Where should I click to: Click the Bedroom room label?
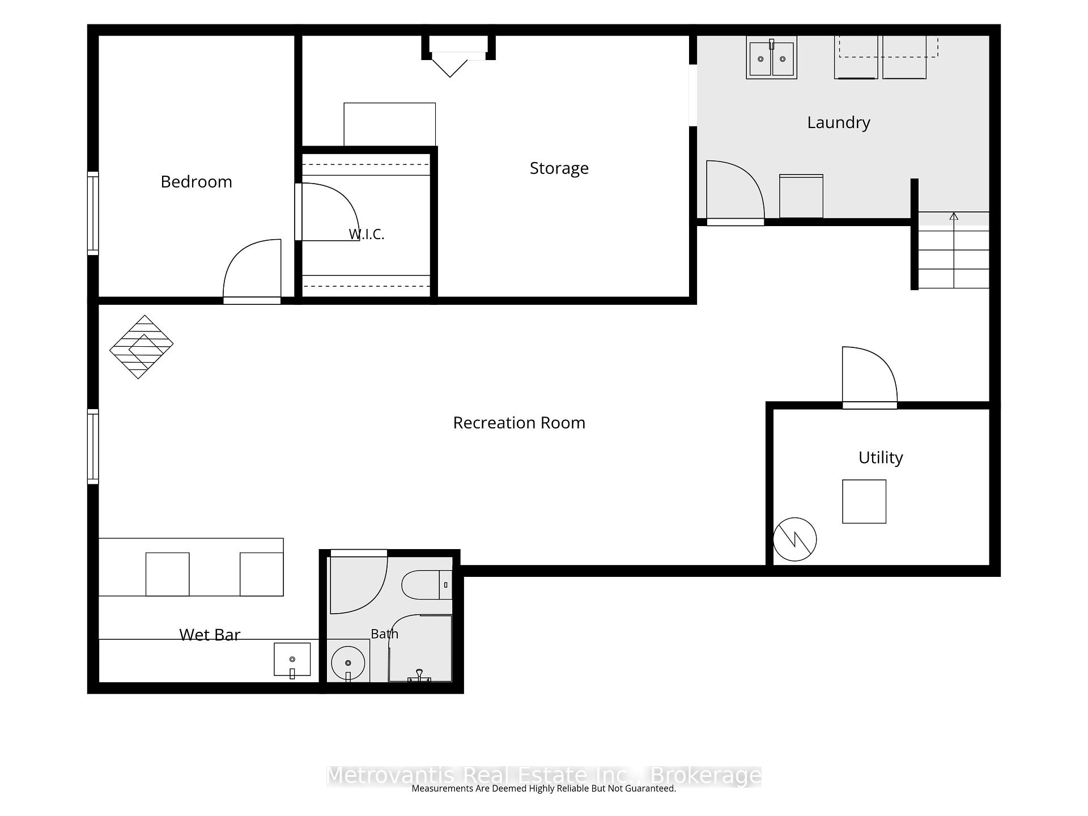click(x=196, y=182)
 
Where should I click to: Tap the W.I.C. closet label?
click(x=367, y=234)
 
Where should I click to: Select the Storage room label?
click(x=559, y=168)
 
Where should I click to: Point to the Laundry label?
click(x=839, y=123)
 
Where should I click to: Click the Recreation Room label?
click(x=519, y=423)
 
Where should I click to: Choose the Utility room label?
click(x=881, y=458)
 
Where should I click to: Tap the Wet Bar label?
click(x=210, y=635)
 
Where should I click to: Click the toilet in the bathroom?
click(x=427, y=585)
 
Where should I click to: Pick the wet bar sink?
click(x=292, y=660)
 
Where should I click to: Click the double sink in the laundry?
click(x=771, y=58)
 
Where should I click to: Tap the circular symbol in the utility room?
click(x=795, y=539)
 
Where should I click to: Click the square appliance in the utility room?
click(x=864, y=501)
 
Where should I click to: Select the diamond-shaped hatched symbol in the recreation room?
click(x=141, y=347)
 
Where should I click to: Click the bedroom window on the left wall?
click(x=93, y=213)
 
